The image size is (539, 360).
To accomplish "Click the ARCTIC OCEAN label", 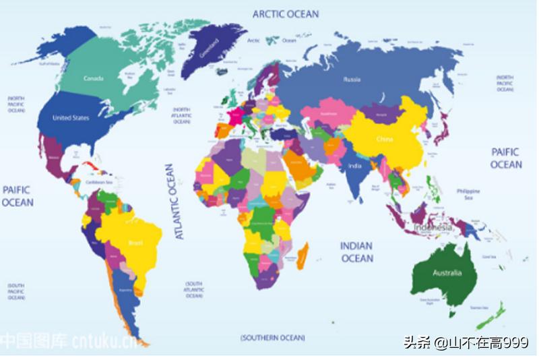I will [x=286, y=13].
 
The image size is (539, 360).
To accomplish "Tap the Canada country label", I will [x=93, y=79].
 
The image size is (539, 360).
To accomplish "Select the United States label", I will [x=71, y=118].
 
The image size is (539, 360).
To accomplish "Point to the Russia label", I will [x=352, y=80].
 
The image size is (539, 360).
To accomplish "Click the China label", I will [x=384, y=139].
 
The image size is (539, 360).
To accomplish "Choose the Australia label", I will [x=447, y=273].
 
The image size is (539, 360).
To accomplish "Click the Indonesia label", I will [x=433, y=228].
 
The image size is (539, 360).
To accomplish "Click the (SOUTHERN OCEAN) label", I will [x=272, y=337].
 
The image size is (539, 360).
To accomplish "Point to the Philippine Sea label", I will [x=464, y=194].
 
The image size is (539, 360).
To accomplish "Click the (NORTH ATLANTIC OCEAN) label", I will [x=182, y=116].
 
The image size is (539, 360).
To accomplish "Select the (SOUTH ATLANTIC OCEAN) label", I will [x=195, y=290].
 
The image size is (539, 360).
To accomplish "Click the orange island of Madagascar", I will [x=303, y=256].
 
